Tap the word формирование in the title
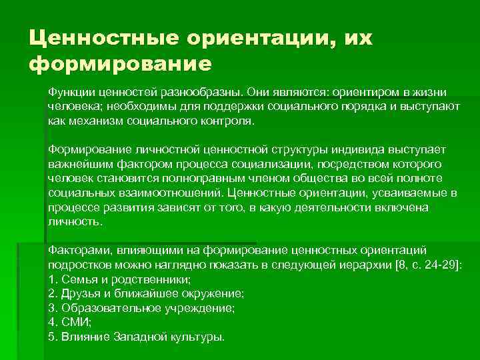coord(120,65)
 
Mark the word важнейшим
coord(78,165)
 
